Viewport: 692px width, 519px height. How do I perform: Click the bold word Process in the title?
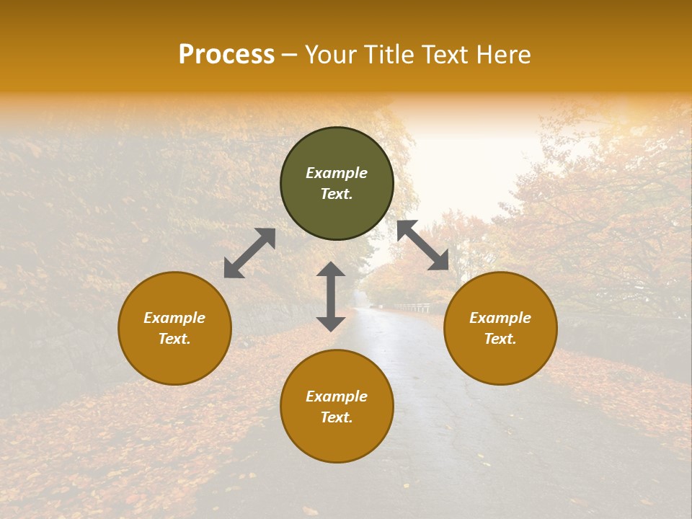tap(226, 55)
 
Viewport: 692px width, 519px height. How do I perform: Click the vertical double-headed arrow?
tap(331, 296)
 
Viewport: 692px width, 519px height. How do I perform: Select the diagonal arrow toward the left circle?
tap(249, 253)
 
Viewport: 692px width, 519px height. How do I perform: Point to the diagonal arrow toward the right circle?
tap(423, 246)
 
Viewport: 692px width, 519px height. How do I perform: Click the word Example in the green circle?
tap(337, 173)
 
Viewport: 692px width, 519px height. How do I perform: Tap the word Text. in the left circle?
tap(174, 339)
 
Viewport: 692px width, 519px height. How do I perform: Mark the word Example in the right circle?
tap(500, 318)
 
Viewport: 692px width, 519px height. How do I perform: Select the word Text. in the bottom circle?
tap(337, 417)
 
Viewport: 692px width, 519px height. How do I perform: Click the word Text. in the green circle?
tap(337, 194)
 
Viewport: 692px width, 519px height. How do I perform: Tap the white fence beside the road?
tap(414, 308)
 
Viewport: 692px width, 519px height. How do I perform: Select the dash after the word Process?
tap(290, 56)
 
